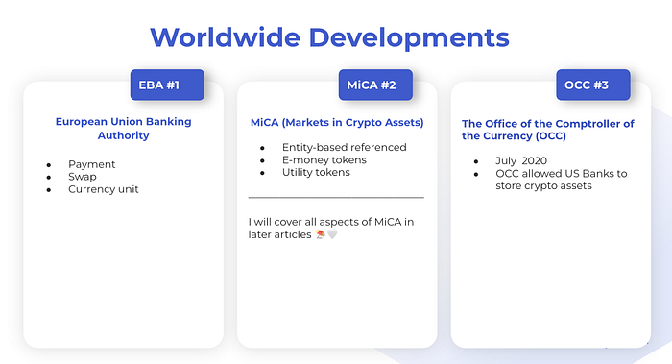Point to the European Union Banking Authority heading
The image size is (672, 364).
pyautogui.click(x=123, y=129)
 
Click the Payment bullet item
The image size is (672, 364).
pyautogui.click(x=91, y=164)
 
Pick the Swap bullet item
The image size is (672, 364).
pyautogui.click(x=82, y=177)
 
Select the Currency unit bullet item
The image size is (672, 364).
pyautogui.click(x=103, y=189)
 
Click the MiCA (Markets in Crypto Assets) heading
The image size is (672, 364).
pyautogui.click(x=336, y=123)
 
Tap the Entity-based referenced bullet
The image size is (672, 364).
pyautogui.click(x=344, y=147)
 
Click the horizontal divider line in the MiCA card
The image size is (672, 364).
pyautogui.click(x=336, y=198)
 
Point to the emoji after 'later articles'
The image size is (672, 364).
pyautogui.click(x=321, y=235)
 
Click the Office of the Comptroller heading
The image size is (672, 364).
pyautogui.click(x=548, y=130)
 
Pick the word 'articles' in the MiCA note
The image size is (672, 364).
pyautogui.click(x=291, y=235)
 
